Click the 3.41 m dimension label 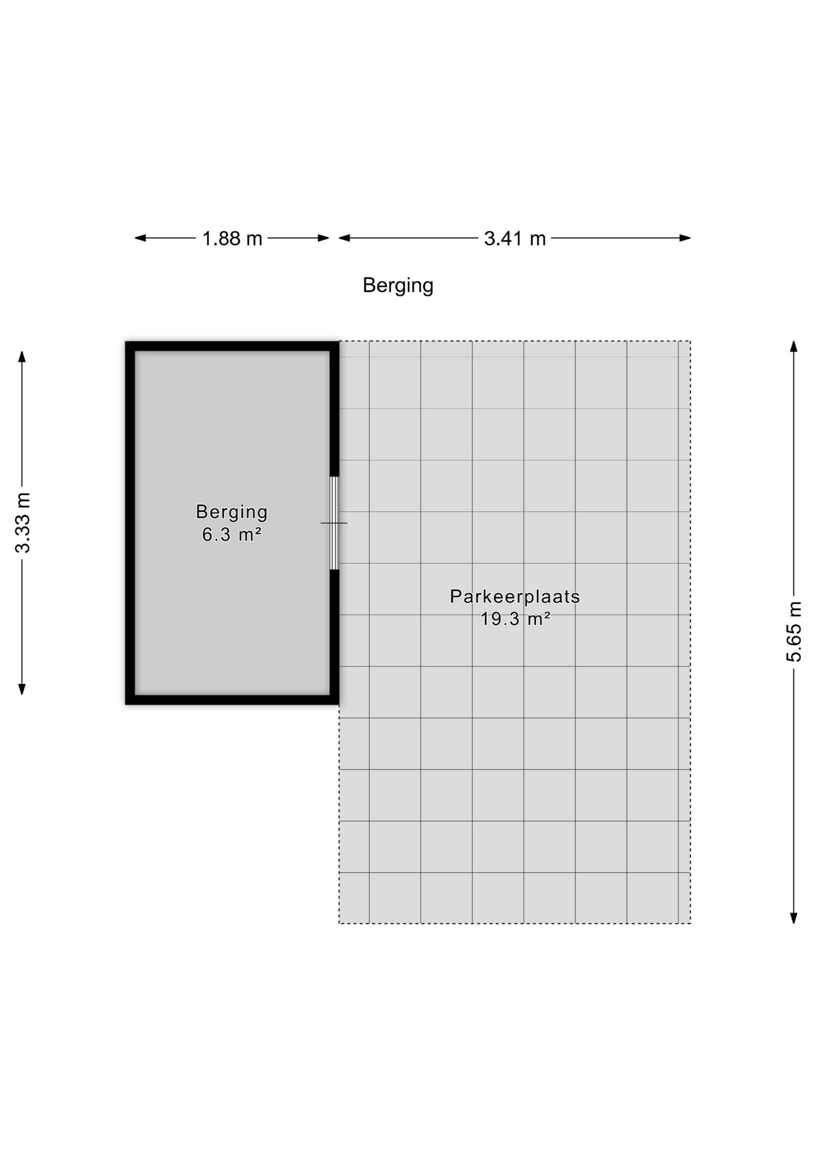(x=515, y=238)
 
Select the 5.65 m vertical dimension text (x=794, y=632)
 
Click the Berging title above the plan (x=398, y=286)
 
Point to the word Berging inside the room (x=232, y=512)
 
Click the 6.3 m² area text (x=232, y=534)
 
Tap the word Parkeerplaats (x=515, y=597)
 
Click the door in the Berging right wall (x=334, y=523)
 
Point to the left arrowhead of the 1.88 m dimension (x=140, y=238)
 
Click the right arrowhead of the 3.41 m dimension (x=685, y=238)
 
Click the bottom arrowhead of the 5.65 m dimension (x=794, y=918)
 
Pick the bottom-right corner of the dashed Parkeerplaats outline (x=690, y=924)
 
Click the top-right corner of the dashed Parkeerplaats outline (x=690, y=341)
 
